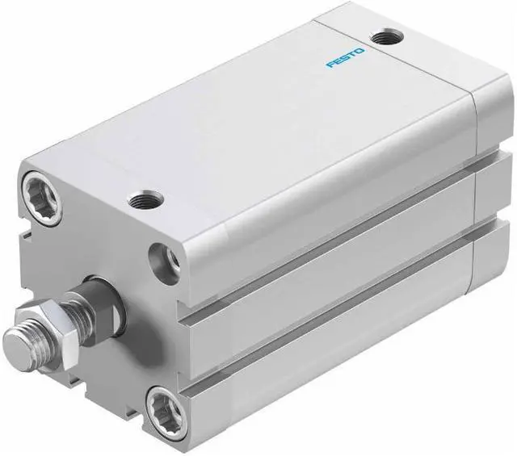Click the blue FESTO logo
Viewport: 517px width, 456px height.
coord(346,59)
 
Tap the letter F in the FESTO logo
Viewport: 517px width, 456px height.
coord(330,65)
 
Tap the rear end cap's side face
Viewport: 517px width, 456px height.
coord(493,202)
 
